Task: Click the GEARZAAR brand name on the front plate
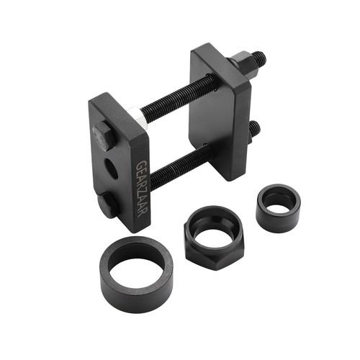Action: [x=142, y=189]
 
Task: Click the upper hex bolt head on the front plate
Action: [x=103, y=136]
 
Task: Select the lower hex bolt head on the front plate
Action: [x=107, y=204]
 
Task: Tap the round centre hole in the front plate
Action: [x=112, y=168]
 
